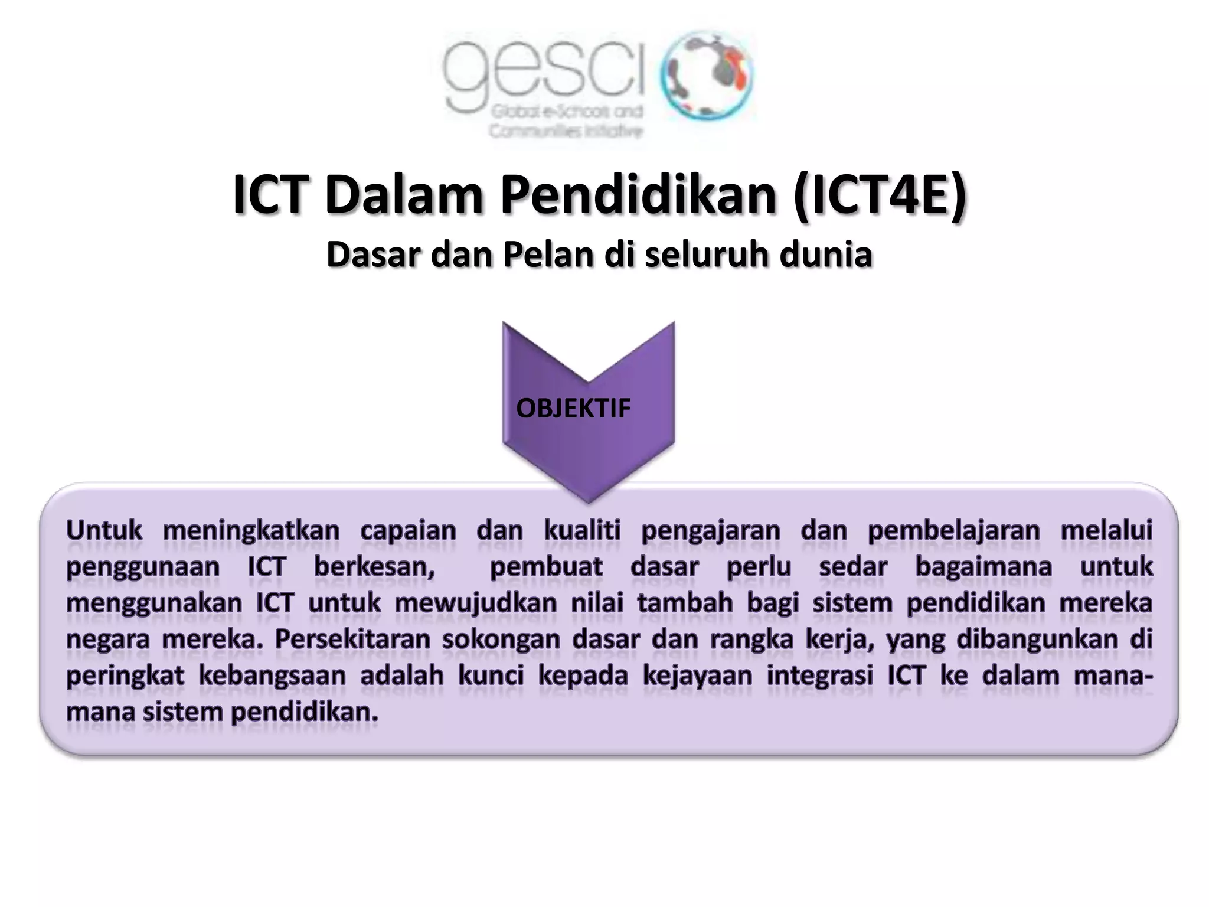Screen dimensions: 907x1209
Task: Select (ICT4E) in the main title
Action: point(880,195)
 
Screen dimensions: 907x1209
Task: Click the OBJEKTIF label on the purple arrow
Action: point(573,408)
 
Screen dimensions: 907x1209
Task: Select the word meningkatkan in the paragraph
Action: point(251,530)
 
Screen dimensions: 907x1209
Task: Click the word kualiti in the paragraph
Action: point(582,530)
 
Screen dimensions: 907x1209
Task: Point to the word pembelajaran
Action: point(953,530)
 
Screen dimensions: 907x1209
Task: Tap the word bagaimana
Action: point(983,567)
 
